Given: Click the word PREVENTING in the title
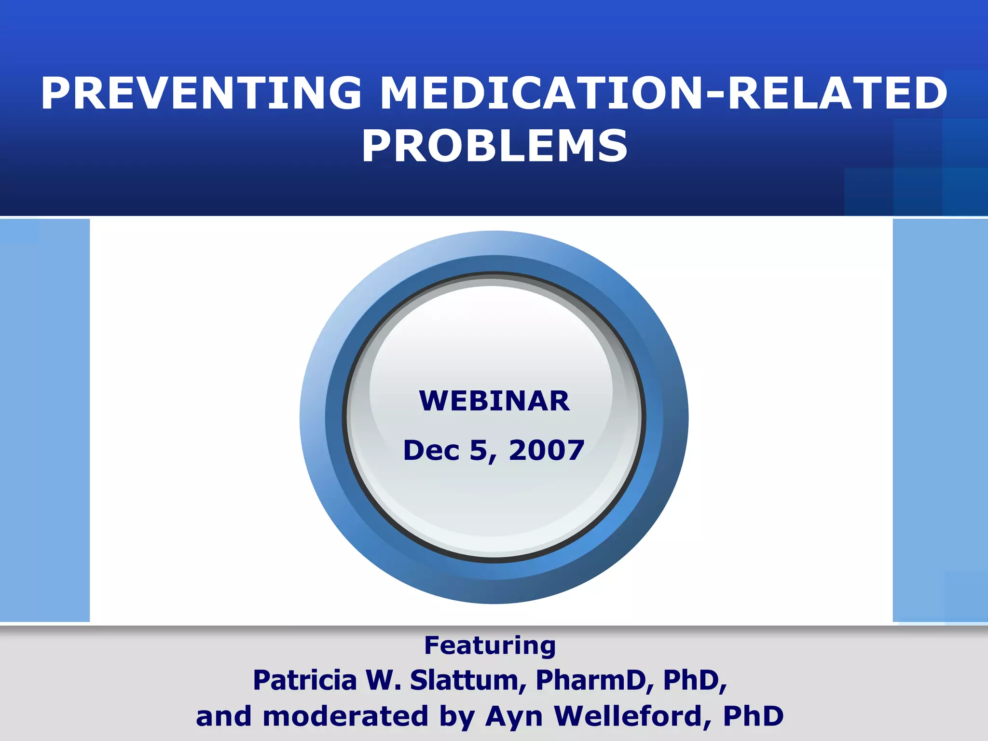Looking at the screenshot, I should click(x=201, y=94).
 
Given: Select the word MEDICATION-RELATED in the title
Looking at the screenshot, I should click(x=664, y=94).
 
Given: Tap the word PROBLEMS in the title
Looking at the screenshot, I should click(x=494, y=146).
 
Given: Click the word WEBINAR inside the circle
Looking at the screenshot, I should click(x=494, y=401).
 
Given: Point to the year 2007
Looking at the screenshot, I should click(x=547, y=450).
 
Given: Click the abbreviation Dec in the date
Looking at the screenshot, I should click(x=431, y=450).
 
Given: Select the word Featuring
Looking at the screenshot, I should click(x=490, y=645).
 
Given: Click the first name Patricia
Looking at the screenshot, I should click(x=305, y=680).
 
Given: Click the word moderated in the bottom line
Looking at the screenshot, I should click(x=345, y=716).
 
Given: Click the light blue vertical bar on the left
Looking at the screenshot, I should click(x=44, y=420).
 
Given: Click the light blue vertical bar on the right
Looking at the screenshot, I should click(x=940, y=420).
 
